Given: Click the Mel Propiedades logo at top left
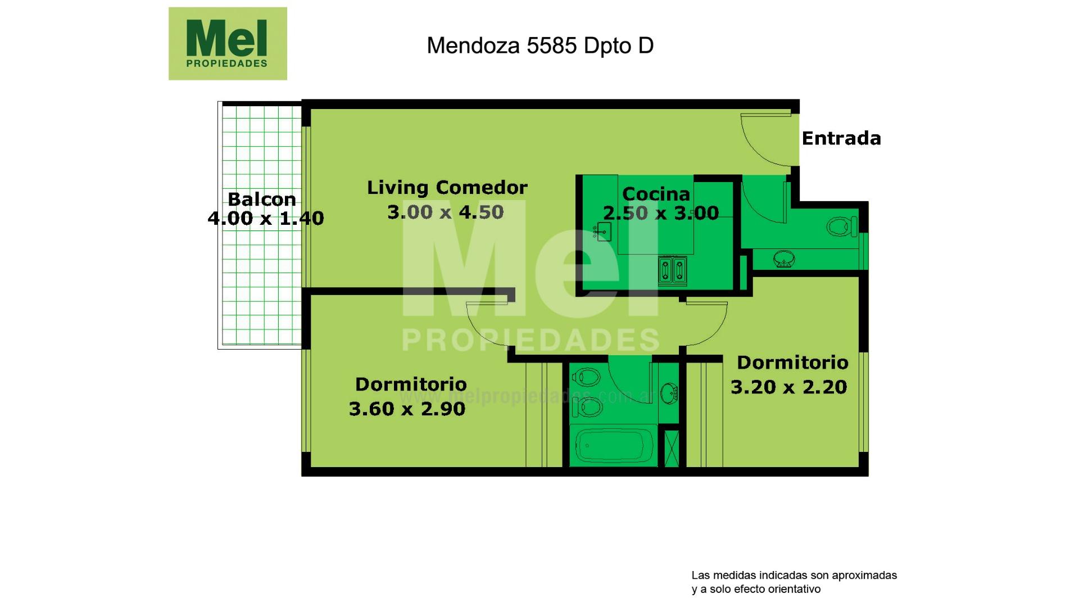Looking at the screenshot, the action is point(228,43).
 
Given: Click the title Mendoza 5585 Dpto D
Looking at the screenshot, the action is point(540,46).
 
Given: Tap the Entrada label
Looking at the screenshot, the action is point(841,138).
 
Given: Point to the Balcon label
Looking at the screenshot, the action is point(262,199).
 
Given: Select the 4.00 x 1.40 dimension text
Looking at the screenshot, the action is point(266,218).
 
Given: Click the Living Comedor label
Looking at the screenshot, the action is point(447,187).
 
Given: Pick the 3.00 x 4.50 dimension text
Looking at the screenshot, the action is point(446,212).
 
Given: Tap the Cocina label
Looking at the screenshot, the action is point(656,194).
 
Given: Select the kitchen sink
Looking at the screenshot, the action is point(602,231).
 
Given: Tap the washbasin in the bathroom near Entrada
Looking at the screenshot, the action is point(784,260).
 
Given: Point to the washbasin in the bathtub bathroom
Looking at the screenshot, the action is point(669,393).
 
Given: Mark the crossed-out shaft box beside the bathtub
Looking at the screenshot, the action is point(672,448).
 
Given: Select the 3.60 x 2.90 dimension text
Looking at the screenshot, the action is point(407,409).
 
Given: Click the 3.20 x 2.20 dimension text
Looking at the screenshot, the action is point(789,387).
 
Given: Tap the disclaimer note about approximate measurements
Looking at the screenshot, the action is point(794,582).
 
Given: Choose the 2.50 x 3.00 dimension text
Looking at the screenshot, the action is point(661,213).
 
